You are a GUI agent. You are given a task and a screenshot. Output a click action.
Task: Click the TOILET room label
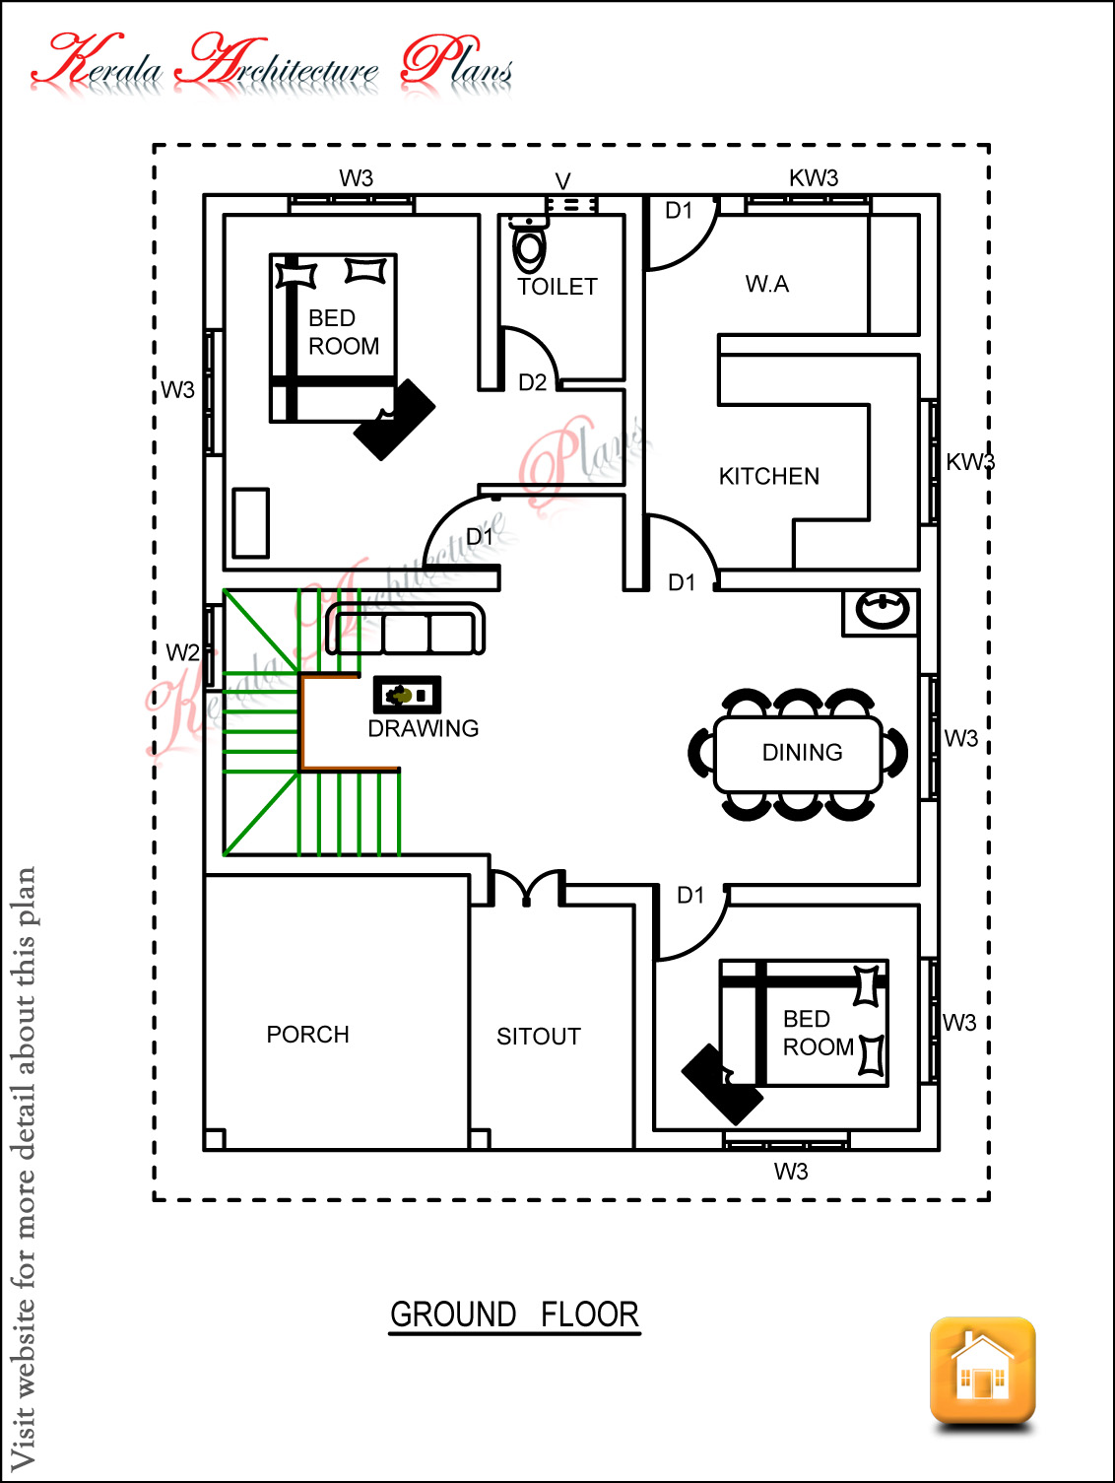(557, 287)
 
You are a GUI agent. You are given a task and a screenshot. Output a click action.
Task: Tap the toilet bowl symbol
(529, 248)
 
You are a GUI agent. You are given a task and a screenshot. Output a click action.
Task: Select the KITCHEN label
(768, 477)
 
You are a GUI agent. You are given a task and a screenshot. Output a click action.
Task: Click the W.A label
(766, 285)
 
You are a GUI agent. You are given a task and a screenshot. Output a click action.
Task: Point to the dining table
(799, 754)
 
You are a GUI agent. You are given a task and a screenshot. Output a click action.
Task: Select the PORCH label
(307, 1035)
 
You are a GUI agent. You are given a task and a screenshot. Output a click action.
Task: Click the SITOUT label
(538, 1037)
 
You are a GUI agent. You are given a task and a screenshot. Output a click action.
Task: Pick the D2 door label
(532, 382)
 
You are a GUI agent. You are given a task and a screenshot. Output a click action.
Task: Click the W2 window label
(182, 652)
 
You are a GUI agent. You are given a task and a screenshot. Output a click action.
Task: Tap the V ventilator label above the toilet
(562, 181)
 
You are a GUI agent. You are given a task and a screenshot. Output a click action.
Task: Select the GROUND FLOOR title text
(514, 1314)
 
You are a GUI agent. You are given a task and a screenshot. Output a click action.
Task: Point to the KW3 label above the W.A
(813, 178)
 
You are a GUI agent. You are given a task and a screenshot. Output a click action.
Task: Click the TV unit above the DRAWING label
(407, 695)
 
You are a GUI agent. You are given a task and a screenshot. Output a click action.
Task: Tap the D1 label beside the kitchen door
(682, 582)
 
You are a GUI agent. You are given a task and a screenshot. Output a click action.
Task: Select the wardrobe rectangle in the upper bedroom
(251, 523)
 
